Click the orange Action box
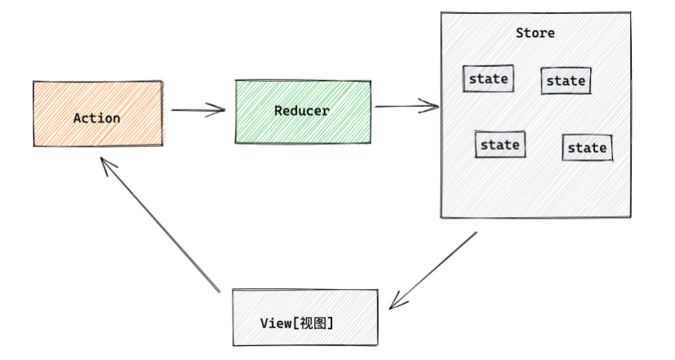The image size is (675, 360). tap(97, 114)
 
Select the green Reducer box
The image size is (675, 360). tap(303, 111)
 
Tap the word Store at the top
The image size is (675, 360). tap(535, 33)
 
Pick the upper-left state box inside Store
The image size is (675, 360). tap(488, 78)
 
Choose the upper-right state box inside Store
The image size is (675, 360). tap(566, 80)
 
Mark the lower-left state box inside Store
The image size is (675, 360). tap(500, 144)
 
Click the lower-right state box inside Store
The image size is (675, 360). tap(587, 148)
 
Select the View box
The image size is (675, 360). tap(305, 316)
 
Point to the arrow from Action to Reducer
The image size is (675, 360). tap(196, 110)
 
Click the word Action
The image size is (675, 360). tap(97, 118)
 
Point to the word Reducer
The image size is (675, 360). tap(301, 111)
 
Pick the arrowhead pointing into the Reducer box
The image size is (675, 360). tap(220, 110)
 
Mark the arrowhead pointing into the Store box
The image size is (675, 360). tap(433, 105)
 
